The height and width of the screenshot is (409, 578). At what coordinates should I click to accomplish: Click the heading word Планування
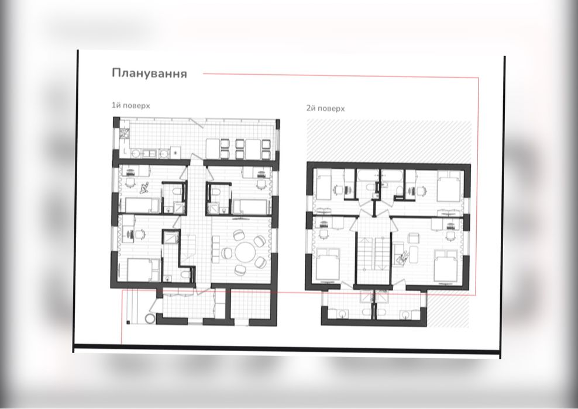click(149, 74)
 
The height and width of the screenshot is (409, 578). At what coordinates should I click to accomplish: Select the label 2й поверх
click(325, 108)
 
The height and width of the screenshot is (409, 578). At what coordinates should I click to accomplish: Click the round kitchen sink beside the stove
click(136, 154)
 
